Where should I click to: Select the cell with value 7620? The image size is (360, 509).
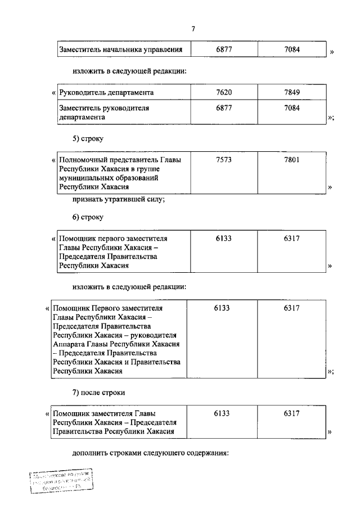coord(223,92)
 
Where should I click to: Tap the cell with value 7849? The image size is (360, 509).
coord(292,92)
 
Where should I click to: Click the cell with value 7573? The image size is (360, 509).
coord(223,160)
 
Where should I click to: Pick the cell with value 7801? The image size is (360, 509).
coord(292,160)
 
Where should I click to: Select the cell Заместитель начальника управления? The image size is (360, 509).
coord(121,50)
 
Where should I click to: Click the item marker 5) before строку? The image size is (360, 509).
coord(78,138)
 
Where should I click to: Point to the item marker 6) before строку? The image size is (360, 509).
coord(78,217)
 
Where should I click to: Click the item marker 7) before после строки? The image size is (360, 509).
coord(78,391)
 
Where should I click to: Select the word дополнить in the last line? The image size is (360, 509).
coord(91,453)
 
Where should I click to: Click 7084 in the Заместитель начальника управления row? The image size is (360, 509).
coord(292,50)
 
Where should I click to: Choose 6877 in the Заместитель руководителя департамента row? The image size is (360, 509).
coord(223,106)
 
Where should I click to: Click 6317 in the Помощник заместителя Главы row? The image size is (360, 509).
coord(292,413)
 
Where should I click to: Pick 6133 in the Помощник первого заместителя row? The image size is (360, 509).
coord(223,238)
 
